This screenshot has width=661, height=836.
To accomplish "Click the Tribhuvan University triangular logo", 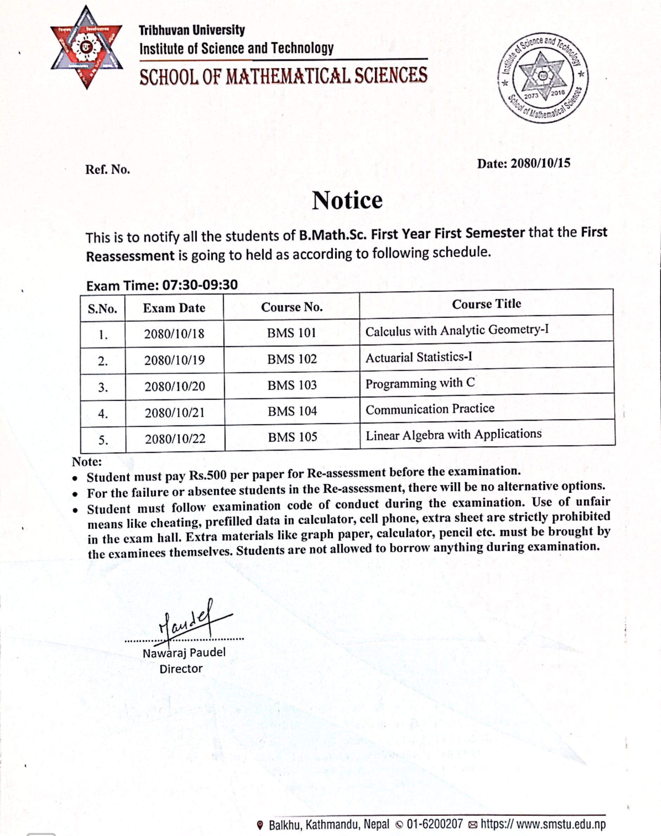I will tap(87, 47).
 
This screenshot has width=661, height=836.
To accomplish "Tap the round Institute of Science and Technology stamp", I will tap(543, 77).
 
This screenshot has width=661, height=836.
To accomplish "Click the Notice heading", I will tap(347, 200).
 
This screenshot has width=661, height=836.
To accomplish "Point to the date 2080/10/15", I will tap(540, 163).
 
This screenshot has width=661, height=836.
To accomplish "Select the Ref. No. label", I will tap(108, 169).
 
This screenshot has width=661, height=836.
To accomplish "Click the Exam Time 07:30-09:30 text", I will tap(162, 285).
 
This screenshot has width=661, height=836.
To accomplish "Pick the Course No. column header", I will tap(292, 307).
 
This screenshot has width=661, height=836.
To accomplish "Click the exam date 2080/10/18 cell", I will tap(174, 334).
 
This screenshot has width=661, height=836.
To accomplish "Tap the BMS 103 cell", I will tap(292, 385).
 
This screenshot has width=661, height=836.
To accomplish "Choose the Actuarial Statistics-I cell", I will tap(419, 357).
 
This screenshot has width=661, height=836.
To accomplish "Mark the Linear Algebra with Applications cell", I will tap(453, 435).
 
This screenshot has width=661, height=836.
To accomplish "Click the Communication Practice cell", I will tap(430, 409).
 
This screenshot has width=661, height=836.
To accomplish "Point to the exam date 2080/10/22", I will tap(175, 439).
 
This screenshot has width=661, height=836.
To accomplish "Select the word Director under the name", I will tap(181, 669).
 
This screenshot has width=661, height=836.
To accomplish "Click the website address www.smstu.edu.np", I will tap(542, 823).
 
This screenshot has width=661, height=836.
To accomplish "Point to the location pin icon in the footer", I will tap(260, 824).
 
